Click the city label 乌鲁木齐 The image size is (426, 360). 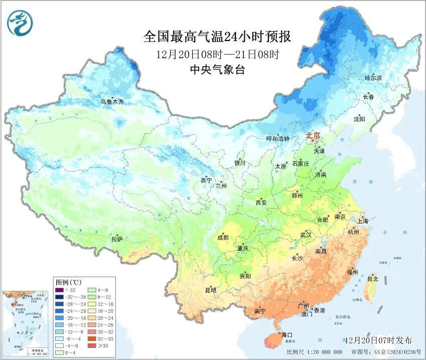111,102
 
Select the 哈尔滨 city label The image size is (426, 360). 373,78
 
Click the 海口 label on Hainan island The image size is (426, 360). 287,334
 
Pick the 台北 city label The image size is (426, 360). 373,278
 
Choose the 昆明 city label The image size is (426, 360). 210,290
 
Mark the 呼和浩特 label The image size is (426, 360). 277,139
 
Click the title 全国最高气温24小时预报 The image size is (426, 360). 217,37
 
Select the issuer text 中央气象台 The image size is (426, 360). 217,70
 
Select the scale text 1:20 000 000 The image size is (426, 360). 324,352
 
